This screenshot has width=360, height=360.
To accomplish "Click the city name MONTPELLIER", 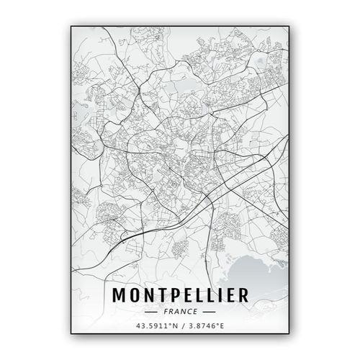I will click(x=179, y=295).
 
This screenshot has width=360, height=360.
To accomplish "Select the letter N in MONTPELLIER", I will click(x=150, y=295).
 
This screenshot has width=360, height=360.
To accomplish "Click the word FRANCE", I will click(x=180, y=312).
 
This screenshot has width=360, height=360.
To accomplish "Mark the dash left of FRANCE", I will click(x=153, y=312).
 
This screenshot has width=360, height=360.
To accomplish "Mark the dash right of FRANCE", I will click(x=208, y=312).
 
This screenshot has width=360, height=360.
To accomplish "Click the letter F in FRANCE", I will click(x=166, y=312).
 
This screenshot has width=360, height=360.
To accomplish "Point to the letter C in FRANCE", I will click(x=188, y=312).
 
